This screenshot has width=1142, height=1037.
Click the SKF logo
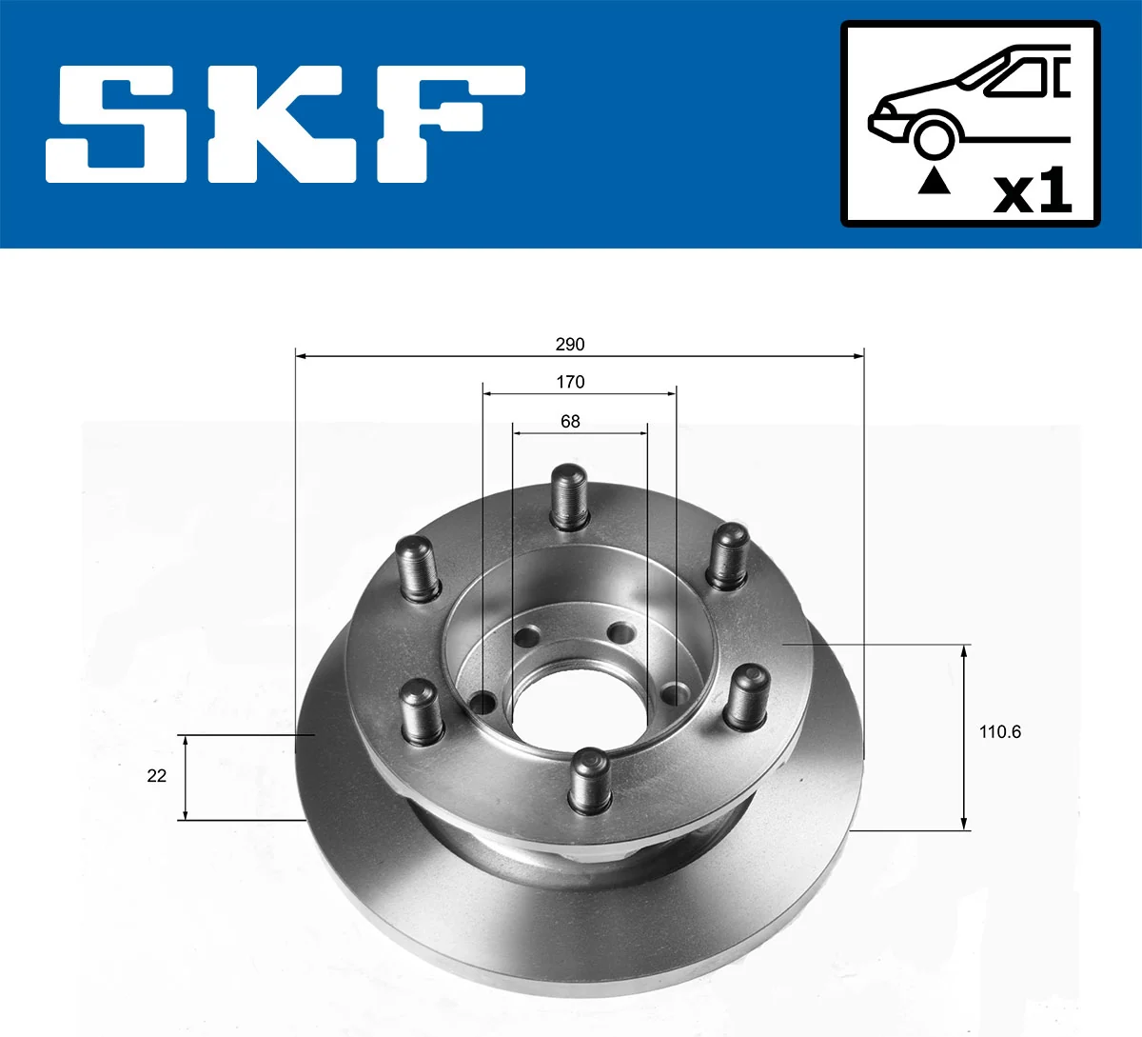tap(285, 124)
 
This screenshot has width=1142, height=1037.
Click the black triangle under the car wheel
tap(934, 181)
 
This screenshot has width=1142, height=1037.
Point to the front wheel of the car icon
tap(934, 136)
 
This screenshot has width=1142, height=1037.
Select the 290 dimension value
tap(570, 345)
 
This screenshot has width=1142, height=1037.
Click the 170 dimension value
tap(570, 383)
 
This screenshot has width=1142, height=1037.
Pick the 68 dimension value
tap(570, 422)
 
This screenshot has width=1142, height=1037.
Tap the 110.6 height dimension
tap(999, 732)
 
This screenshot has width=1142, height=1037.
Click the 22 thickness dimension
tap(157, 776)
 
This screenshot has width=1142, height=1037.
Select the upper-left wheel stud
tap(417, 568)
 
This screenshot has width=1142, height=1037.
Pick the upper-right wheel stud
tap(728, 555)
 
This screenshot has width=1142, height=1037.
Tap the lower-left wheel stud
tap(419, 709)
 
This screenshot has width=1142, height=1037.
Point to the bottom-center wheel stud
tap(590, 781)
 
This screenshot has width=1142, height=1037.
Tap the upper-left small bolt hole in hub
tap(524, 637)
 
